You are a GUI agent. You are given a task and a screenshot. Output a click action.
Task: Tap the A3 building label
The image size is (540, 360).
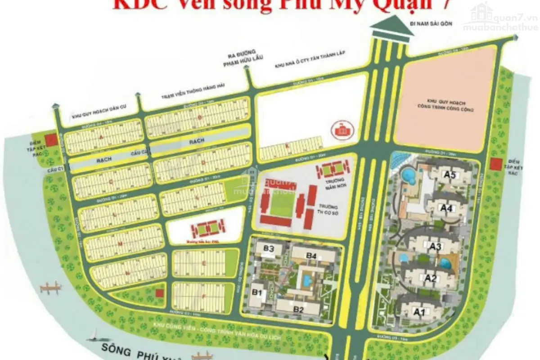[435, 246]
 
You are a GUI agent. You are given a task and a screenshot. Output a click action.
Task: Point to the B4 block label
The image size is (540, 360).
[311, 256]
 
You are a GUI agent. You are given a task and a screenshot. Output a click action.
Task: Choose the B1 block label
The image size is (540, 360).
[257, 292]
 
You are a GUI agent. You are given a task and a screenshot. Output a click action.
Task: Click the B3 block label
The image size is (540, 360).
[269, 248]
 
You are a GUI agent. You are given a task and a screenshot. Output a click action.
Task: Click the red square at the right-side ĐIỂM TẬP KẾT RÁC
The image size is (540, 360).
[496, 164]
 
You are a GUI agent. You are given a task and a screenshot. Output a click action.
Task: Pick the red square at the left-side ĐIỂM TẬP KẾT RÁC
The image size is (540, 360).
[52, 139]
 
